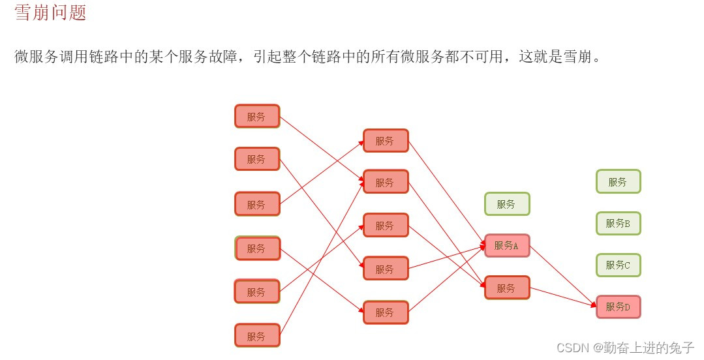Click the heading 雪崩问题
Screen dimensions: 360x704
click(x=50, y=13)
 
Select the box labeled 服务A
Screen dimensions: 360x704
click(x=507, y=246)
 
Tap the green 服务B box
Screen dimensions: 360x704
click(x=618, y=224)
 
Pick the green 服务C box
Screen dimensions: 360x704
click(x=618, y=265)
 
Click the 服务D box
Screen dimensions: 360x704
click(x=618, y=307)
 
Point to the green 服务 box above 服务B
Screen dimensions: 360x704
click(x=618, y=182)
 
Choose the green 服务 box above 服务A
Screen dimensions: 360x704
click(x=507, y=204)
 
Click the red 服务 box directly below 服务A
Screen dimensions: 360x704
click(x=507, y=288)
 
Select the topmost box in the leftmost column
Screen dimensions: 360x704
click(x=257, y=117)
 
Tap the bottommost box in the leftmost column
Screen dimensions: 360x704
click(x=257, y=336)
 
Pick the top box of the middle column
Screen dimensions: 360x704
click(x=386, y=141)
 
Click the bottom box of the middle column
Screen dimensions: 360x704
click(x=386, y=312)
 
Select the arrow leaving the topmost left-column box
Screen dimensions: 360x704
click(x=320, y=148)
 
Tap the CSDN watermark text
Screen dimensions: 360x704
click(x=574, y=348)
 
